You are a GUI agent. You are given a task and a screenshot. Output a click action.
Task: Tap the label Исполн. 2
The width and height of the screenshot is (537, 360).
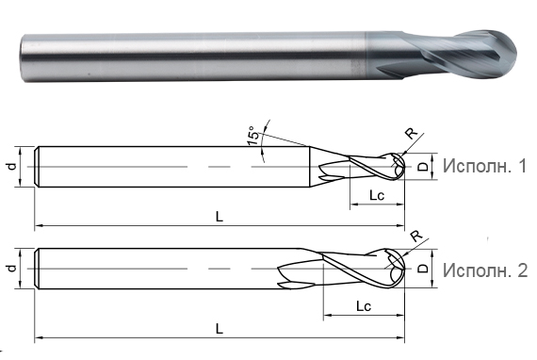coord(484,270)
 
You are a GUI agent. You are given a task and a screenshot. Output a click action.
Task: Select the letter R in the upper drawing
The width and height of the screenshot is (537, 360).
coord(410,133)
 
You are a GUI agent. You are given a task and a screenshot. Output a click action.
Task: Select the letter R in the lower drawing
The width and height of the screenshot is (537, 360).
coord(416,237)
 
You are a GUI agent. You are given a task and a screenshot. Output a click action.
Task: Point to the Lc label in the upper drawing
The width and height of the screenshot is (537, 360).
coord(376,196)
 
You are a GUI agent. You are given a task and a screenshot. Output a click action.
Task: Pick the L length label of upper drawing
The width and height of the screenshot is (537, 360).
coord(219,217)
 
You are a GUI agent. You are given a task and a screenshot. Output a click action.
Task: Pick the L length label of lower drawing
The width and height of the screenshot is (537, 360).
coord(219,328)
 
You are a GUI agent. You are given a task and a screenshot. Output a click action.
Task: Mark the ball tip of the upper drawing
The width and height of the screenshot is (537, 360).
coord(402,167)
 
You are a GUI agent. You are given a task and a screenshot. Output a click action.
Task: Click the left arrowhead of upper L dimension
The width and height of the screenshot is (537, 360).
coord(40,227)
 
